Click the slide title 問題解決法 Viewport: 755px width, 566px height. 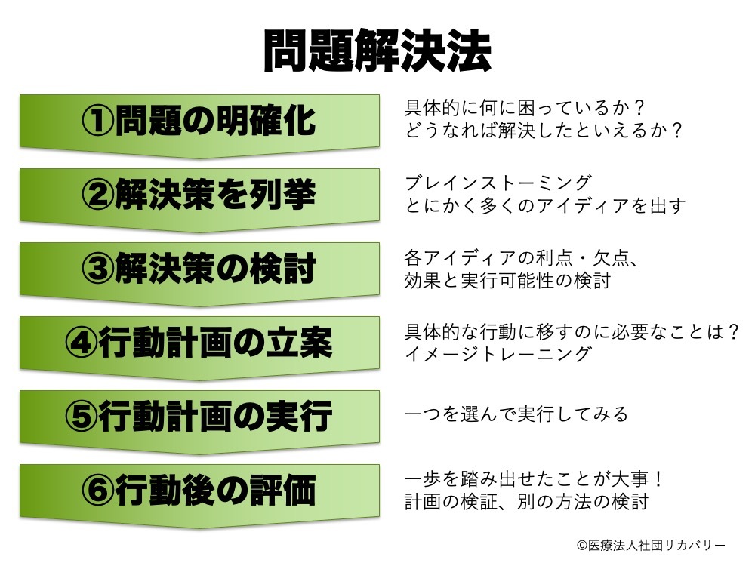pos(377,51)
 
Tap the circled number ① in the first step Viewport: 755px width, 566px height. pos(98,120)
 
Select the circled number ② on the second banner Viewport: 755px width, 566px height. pos(98,195)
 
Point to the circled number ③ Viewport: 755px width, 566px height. pos(98,269)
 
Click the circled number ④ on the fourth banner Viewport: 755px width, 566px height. pos(82,343)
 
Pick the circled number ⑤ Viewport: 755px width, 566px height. pos(82,417)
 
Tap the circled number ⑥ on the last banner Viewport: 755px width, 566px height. pos(98,491)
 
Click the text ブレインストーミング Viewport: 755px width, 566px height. pos(498,183)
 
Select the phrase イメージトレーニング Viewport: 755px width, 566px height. pos(498,354)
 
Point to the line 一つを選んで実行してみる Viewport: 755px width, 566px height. pos(516,414)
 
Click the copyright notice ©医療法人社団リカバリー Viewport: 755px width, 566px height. pos(651,545)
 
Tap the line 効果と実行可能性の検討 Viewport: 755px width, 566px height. pos(508,280)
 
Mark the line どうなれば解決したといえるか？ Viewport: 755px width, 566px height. pos(544,130)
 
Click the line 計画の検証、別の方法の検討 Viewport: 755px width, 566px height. pos(527,502)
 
